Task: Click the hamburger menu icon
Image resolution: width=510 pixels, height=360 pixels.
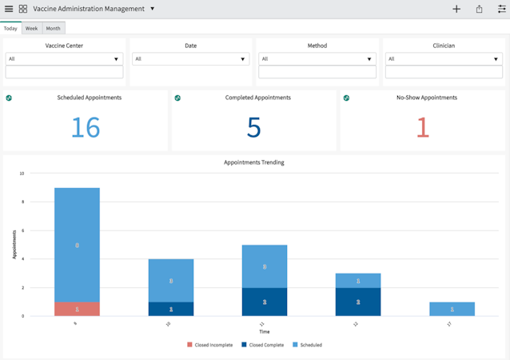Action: click(9, 9)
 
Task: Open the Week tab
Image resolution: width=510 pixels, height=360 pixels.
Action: click(31, 28)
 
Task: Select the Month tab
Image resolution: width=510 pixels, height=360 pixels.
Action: click(53, 28)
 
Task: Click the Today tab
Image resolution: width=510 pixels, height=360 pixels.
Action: click(10, 28)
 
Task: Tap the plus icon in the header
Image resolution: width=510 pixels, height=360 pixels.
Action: click(456, 9)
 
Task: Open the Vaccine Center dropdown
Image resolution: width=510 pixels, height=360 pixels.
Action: click(64, 59)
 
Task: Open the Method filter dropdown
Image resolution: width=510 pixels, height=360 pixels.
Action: click(317, 59)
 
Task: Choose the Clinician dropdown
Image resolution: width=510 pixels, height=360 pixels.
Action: click(443, 59)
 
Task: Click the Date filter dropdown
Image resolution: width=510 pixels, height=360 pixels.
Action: click(190, 59)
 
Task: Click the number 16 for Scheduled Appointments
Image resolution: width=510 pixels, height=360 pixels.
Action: click(86, 127)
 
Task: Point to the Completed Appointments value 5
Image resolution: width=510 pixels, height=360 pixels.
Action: click(254, 127)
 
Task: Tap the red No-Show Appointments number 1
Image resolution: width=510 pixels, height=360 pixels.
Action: click(423, 127)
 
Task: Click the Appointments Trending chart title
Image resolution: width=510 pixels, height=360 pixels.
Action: click(253, 162)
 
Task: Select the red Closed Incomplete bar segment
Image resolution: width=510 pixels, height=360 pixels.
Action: click(77, 309)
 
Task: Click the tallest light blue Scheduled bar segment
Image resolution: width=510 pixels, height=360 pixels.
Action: click(77, 245)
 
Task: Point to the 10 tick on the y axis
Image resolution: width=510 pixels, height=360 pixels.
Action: click(22, 174)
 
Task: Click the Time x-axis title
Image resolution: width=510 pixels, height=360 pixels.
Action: click(264, 331)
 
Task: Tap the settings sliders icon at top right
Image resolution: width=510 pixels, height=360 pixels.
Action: click(502, 9)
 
